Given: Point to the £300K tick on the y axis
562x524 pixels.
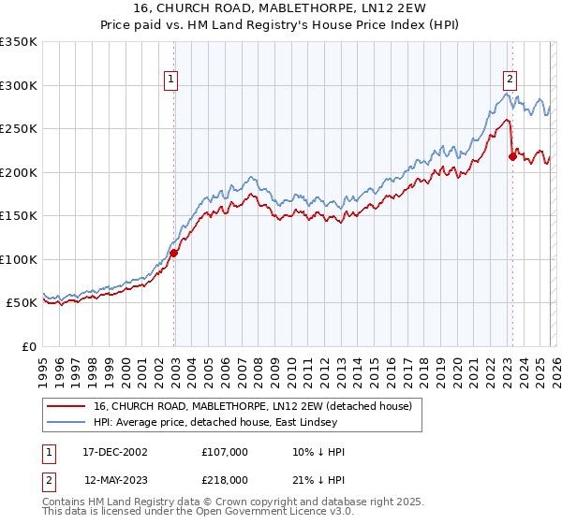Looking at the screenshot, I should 19,85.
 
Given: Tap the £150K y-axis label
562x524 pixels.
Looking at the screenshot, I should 19,215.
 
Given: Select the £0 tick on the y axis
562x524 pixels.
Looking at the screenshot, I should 28,346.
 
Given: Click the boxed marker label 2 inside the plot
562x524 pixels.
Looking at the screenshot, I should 510,80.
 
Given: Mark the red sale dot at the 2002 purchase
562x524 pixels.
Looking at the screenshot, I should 174,253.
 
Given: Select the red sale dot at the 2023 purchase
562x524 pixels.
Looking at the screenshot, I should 512,156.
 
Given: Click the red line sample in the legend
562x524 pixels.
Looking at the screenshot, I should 67,406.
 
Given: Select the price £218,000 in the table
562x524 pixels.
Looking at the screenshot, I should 225,479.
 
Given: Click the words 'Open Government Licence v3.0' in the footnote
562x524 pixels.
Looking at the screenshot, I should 273,512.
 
